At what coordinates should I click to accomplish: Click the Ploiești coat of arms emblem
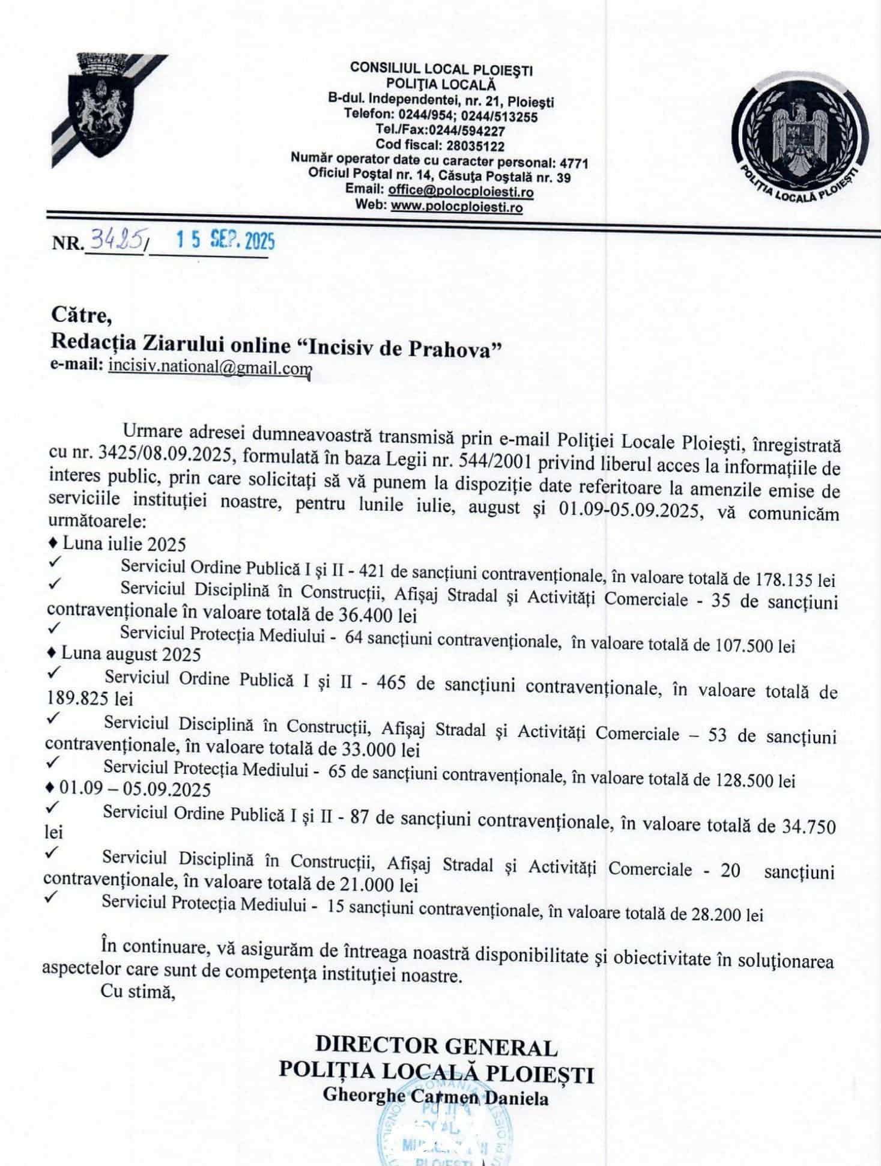(x=102, y=107)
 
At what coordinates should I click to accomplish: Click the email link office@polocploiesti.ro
(x=461, y=192)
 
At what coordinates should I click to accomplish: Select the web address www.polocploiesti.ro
(x=456, y=208)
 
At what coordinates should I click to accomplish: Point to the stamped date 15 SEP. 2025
(x=224, y=241)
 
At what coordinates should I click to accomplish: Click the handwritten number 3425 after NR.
(x=116, y=241)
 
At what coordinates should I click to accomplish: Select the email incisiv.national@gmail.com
(x=210, y=367)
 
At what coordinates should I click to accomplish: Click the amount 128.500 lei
(x=756, y=781)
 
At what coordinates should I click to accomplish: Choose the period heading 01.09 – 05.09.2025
(x=135, y=789)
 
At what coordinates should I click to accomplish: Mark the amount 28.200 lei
(x=727, y=915)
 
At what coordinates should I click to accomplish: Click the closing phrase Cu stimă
(x=138, y=992)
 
